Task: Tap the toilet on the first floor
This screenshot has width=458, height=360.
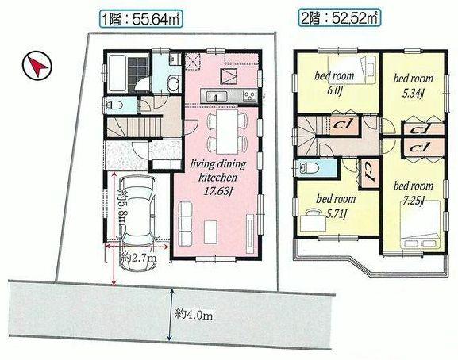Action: click(112, 105)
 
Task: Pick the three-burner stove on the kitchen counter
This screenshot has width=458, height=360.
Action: click(248, 96)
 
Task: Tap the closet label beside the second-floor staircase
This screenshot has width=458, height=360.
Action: click(343, 124)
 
